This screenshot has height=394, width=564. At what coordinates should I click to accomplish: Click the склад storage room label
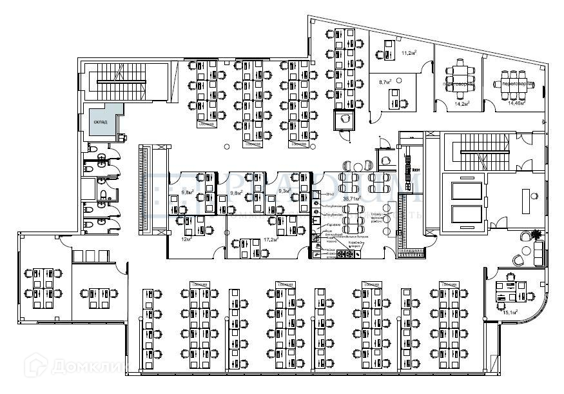point(100,121)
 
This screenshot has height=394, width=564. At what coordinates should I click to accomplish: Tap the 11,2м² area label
point(408,53)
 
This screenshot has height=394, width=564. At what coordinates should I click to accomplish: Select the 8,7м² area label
point(385,83)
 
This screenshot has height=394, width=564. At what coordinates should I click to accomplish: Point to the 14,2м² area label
point(462,103)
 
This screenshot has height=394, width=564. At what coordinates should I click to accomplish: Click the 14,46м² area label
point(516,103)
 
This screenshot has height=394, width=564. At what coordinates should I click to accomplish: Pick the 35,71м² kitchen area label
point(352,199)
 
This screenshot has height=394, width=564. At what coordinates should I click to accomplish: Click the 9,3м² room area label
point(284,192)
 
